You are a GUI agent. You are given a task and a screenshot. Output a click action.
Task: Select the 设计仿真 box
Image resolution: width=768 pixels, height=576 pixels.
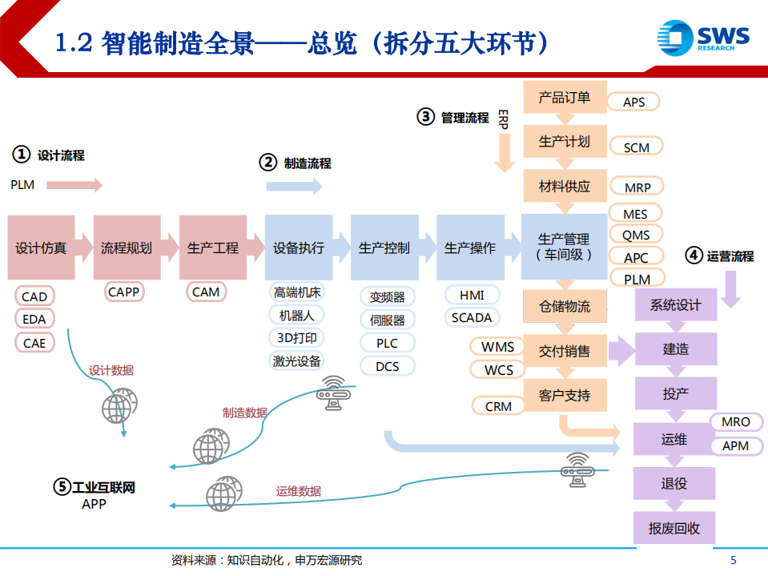(x=41, y=248)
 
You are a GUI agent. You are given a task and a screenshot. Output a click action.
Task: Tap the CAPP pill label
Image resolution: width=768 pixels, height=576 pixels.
(x=124, y=292)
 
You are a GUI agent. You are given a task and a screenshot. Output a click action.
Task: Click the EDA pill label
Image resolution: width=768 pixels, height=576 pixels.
(x=34, y=319)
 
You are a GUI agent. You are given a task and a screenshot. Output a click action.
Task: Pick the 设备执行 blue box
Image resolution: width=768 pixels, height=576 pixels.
(x=298, y=248)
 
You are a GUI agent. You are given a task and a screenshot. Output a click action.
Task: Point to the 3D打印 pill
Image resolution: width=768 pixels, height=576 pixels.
(x=298, y=338)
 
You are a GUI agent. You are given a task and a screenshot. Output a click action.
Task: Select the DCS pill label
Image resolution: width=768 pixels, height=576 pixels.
(x=388, y=366)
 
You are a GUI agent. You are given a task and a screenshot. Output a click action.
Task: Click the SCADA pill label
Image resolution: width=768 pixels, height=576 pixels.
(x=471, y=317)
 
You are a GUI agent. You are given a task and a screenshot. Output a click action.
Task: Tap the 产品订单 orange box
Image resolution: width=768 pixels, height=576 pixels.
(x=565, y=97)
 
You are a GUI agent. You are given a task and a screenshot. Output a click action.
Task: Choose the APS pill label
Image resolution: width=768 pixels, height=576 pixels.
(x=634, y=102)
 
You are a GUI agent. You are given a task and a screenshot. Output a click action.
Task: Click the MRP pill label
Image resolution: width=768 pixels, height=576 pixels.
(x=638, y=187)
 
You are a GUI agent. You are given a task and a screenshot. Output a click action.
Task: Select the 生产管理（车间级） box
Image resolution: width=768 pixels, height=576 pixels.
(x=564, y=247)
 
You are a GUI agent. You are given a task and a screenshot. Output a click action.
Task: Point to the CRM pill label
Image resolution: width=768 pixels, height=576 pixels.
(x=498, y=406)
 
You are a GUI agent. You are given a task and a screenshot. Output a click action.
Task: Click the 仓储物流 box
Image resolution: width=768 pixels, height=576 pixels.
(x=565, y=305)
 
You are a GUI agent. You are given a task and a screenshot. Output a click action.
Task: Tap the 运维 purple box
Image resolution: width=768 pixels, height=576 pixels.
(x=674, y=439)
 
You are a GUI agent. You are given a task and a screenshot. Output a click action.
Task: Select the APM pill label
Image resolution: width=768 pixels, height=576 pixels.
(x=735, y=445)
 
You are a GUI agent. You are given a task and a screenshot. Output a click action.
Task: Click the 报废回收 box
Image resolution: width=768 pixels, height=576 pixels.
(x=674, y=529)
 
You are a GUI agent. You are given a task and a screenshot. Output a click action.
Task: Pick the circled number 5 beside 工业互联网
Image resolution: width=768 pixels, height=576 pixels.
(x=62, y=486)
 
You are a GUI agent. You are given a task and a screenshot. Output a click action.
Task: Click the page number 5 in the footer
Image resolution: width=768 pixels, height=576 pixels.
(x=734, y=560)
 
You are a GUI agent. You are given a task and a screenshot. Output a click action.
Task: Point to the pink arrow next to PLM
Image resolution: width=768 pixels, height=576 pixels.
(x=74, y=185)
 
